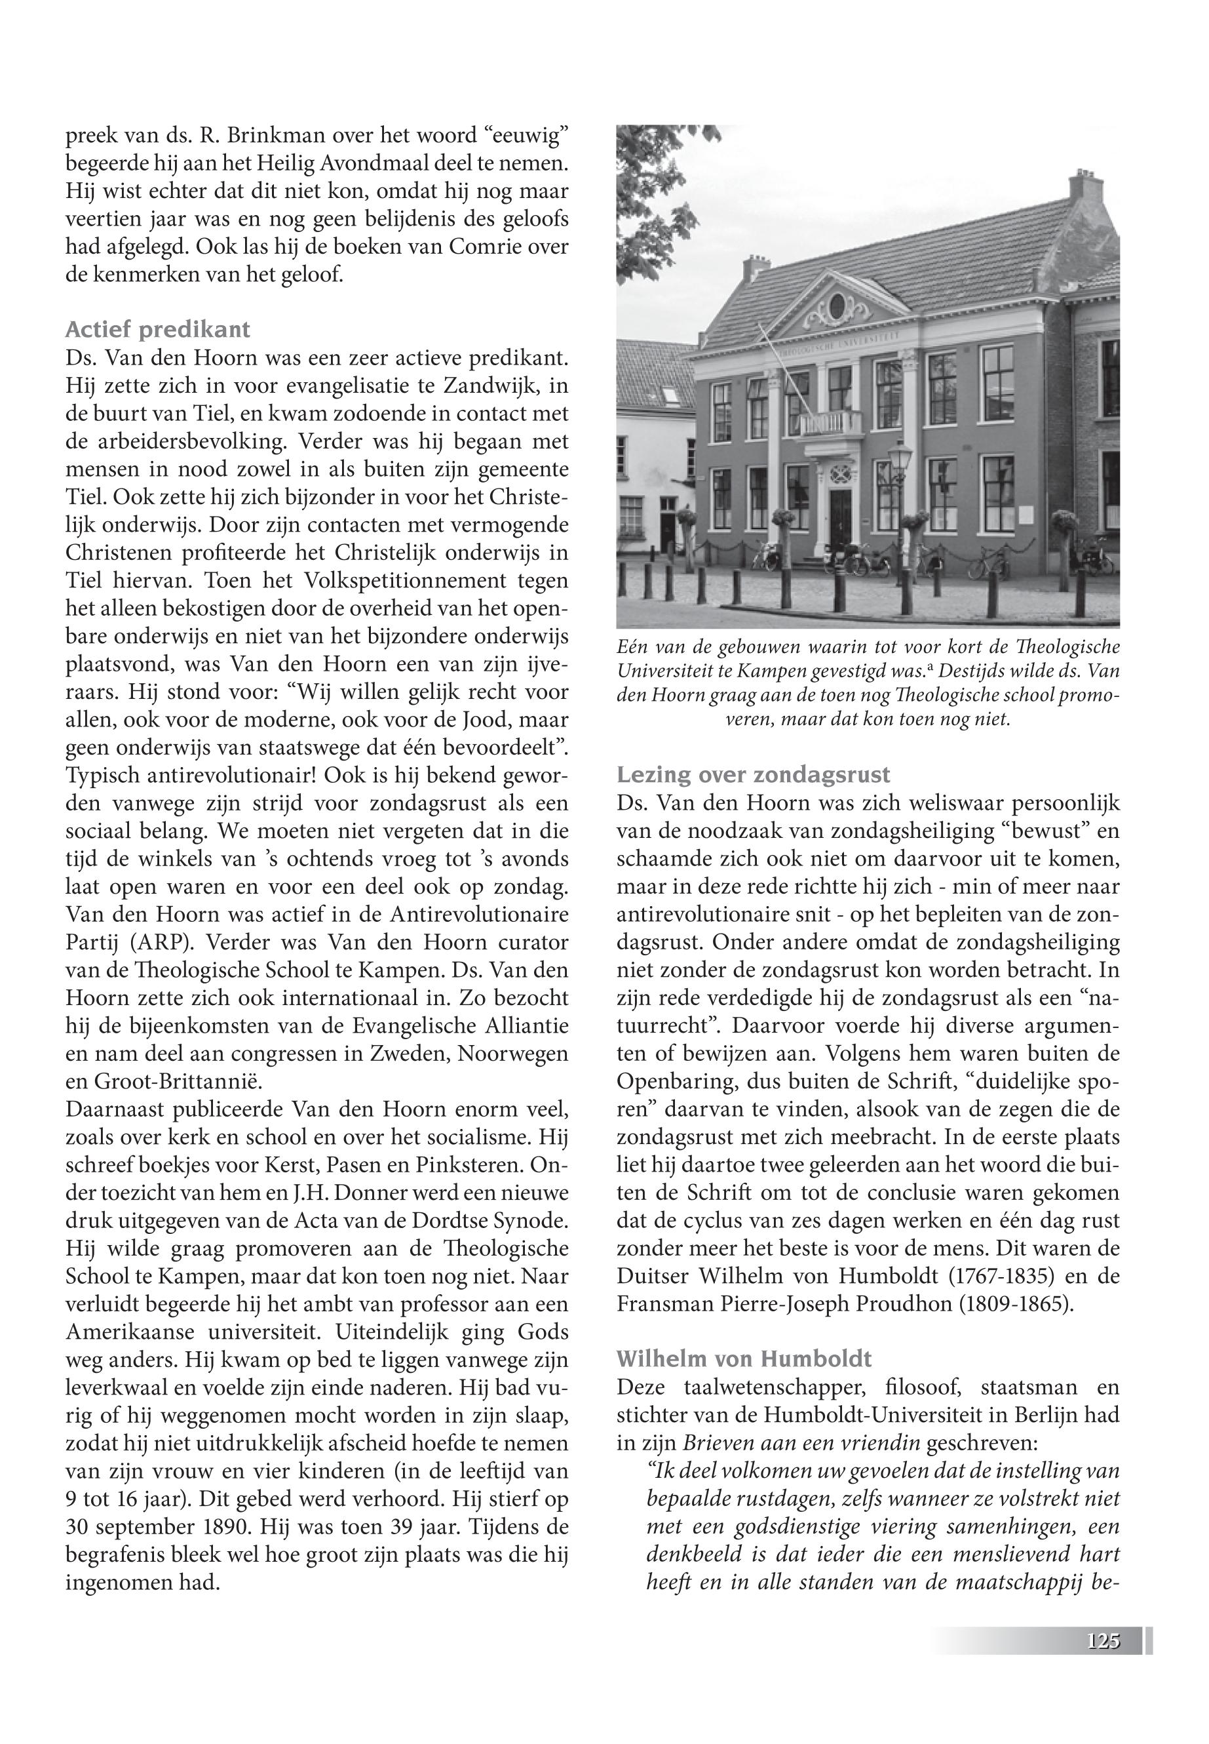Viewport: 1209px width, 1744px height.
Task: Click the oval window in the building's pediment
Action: (x=837, y=307)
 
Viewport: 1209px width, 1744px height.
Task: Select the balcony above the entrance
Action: (x=832, y=424)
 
